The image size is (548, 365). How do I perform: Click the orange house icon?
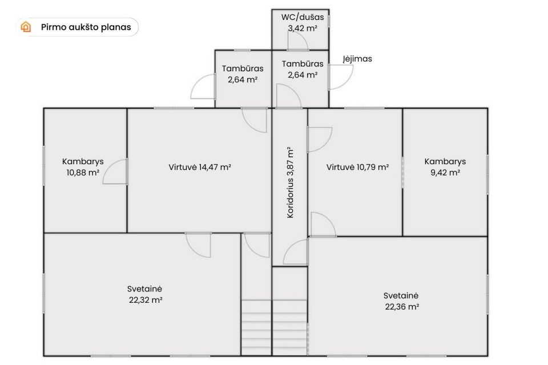(26, 27)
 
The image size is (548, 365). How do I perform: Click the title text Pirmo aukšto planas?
(86, 27)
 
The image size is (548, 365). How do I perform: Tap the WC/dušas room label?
(303, 17)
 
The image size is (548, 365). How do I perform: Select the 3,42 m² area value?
(303, 29)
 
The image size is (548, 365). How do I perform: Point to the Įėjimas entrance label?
(357, 59)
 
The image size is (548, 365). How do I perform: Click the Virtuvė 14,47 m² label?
(200, 167)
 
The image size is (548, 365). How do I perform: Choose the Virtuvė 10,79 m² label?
(357, 167)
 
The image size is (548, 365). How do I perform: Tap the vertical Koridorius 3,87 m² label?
(290, 182)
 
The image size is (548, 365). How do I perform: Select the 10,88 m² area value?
(83, 173)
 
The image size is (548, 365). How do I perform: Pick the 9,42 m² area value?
(445, 173)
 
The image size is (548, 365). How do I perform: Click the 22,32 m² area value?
(146, 300)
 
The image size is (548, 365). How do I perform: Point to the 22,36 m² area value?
(402, 307)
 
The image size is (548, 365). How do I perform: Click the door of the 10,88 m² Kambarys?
(115, 171)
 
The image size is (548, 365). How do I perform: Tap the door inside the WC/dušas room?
(298, 42)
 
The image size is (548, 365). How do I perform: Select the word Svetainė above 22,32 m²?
(144, 289)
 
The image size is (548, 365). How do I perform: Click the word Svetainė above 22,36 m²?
(401, 295)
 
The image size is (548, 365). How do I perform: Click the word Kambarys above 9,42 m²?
(445, 161)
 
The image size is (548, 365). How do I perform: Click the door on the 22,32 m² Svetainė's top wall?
(198, 245)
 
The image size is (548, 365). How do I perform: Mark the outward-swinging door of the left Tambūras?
(203, 86)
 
